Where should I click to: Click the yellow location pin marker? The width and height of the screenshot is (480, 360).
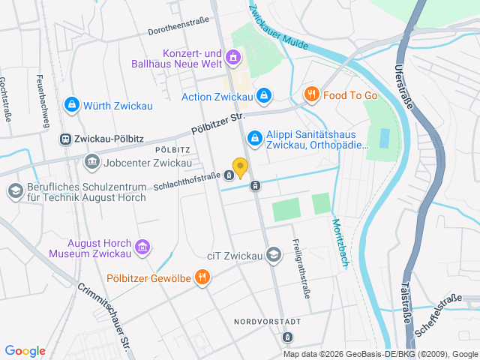coord(240,167)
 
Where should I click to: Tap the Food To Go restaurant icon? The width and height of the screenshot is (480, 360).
coord(310,94)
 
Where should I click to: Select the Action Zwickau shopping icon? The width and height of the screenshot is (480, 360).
coord(263,96)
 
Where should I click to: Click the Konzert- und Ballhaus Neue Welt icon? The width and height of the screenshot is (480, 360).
coord(233,56)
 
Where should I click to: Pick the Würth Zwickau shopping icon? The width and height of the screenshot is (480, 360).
coord(71,105)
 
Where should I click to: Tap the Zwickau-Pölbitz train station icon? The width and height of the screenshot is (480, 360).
coord(66,139)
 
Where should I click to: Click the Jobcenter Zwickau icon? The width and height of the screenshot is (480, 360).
coord(91,160)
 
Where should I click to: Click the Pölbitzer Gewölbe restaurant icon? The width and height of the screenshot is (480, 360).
coord(202,278)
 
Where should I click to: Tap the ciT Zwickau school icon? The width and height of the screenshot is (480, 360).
coord(274,255)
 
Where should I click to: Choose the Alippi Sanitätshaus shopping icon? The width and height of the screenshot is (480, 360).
coord(254,138)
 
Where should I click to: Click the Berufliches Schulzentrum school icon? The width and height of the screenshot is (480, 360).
coord(14,191)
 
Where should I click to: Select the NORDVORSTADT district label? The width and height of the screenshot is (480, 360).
coord(267,321)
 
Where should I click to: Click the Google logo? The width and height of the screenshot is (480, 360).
coord(25,351)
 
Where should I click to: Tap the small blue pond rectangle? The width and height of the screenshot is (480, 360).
coord(385,138)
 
